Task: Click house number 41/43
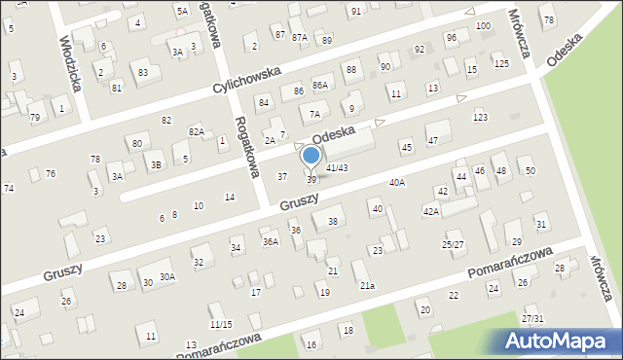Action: click(337, 167)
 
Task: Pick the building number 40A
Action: click(397, 182)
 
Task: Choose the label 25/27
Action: click(453, 244)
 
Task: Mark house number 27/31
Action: click(531, 318)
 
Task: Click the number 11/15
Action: click(221, 324)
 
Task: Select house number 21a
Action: click(367, 285)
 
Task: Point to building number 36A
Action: click(271, 240)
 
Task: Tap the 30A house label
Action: click(167, 276)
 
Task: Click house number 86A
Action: click(320, 86)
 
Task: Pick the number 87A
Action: click(299, 37)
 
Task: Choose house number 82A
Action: click(197, 131)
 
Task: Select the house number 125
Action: click(500, 64)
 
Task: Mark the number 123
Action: click(480, 117)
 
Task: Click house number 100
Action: click(484, 25)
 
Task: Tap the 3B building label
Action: click(155, 164)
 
